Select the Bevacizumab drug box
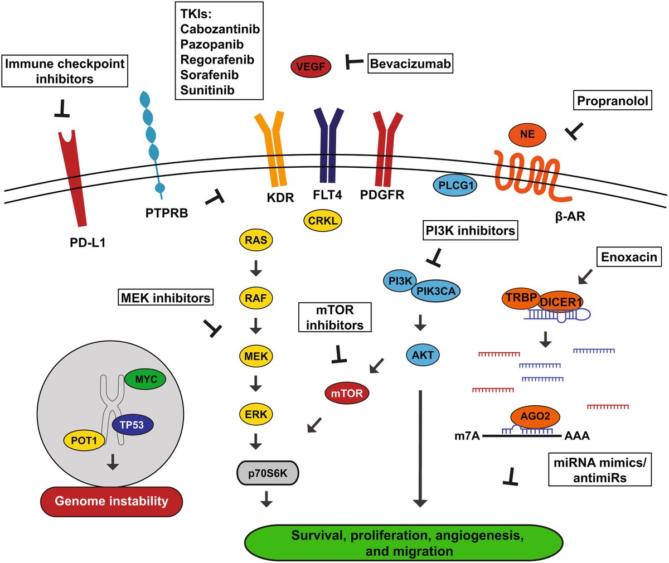pos(410,64)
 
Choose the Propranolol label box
pos(612,101)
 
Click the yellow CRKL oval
pos(323,221)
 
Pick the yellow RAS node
pos(256,241)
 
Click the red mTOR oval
pos(347,394)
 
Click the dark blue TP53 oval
pos(132,425)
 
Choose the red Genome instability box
pos(111,501)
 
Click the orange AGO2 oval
pos(535,416)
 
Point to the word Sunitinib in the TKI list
pos(207,90)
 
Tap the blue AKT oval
pos(423,355)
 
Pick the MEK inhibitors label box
pos(166,298)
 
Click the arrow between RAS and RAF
pos(256,270)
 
